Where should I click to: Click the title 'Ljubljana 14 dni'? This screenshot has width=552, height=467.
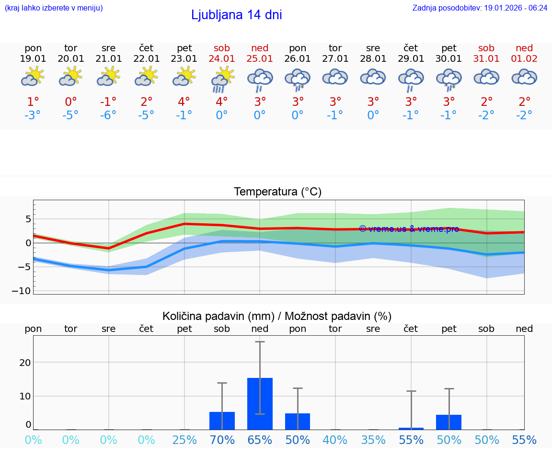pos(236,15)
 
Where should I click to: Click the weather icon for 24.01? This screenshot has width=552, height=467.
pos(222,79)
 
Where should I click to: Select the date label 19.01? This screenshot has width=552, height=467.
pos(33,59)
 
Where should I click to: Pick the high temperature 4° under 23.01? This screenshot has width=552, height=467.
pos(184,102)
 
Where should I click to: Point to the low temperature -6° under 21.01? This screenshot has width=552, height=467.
pos(108,115)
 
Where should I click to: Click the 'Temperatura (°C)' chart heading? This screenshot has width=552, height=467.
pos(277,192)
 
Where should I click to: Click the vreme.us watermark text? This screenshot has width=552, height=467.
pos(409,229)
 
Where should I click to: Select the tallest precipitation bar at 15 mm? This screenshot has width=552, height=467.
pos(260,403)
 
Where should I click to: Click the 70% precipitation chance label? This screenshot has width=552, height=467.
pos(222,440)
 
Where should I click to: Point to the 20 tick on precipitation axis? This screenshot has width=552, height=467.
pos(25,363)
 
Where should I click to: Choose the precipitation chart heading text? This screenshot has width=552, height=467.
pos(277,316)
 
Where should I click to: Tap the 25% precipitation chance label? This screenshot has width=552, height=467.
pos(184,440)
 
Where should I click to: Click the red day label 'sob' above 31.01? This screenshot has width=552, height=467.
pos(486,48)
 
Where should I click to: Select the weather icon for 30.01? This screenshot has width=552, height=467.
pos(448,79)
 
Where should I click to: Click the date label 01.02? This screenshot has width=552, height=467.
pos(524,59)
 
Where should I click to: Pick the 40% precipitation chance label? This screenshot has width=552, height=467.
pos(335,440)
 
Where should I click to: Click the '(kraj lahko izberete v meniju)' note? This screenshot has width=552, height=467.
pos(54,8)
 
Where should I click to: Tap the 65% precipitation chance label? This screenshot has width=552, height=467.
pos(260,440)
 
